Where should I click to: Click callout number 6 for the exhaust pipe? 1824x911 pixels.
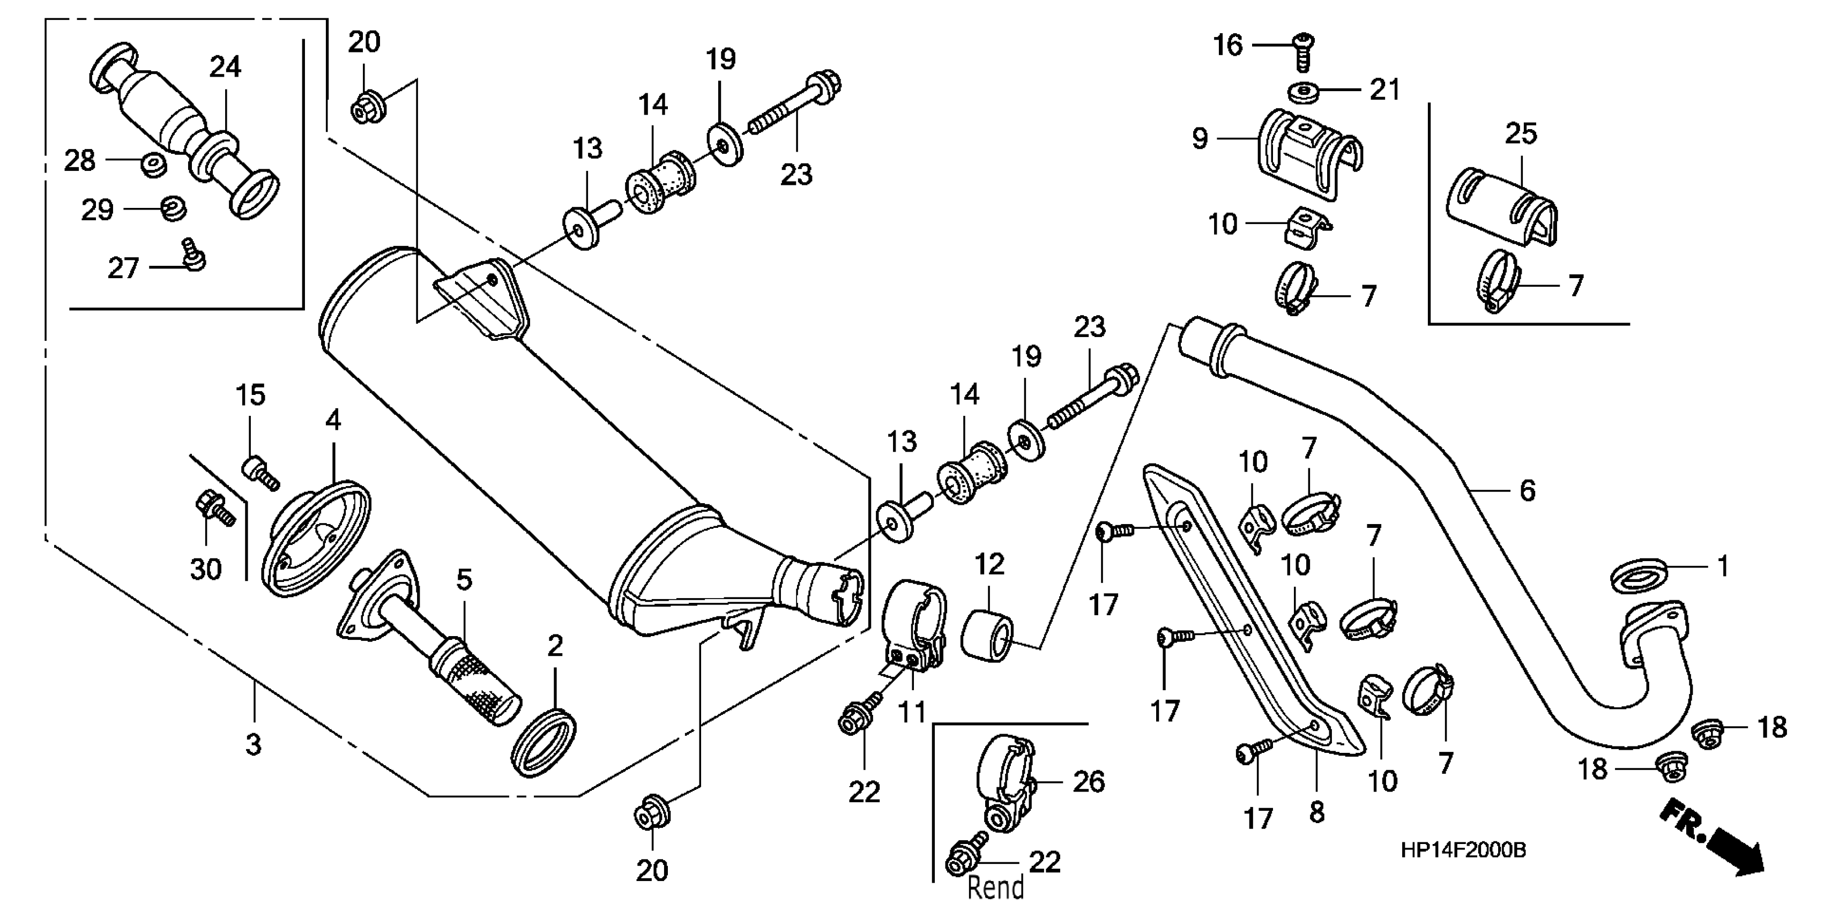click(x=1527, y=490)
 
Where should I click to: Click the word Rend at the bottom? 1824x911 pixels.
click(x=995, y=887)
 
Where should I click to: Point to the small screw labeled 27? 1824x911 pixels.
click(x=192, y=256)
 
